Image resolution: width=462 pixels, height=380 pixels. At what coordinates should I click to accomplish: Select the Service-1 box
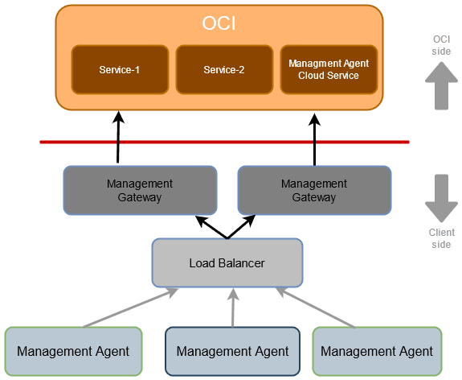coord(120,70)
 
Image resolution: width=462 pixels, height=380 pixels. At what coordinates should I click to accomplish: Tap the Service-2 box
coord(224,70)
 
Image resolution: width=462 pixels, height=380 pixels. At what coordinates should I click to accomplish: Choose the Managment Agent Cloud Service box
coord(328,70)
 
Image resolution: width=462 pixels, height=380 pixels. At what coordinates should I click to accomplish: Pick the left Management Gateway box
coord(140,191)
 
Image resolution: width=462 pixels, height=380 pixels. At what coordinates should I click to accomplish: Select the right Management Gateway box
coord(314,191)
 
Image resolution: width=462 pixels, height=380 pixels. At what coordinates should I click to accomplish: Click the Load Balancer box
coord(227,263)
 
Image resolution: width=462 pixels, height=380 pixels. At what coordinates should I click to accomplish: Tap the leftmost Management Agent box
coord(73,351)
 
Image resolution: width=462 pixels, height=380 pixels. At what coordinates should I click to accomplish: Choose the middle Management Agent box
coord(232,351)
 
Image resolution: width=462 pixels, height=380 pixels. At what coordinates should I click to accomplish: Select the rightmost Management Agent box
coord(377,351)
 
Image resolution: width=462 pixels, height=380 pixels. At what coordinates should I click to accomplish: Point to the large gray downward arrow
coord(441,198)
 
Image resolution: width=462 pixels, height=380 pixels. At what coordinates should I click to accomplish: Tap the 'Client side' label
coord(441,238)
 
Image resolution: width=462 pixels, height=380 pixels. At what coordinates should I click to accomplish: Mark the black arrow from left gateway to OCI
coord(119,138)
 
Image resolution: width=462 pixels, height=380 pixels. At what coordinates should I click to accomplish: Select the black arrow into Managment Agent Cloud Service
coord(314,138)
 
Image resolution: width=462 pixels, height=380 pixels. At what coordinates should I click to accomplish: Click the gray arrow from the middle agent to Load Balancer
coord(233,308)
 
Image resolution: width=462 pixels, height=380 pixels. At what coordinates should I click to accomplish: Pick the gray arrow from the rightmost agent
coord(319,309)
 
